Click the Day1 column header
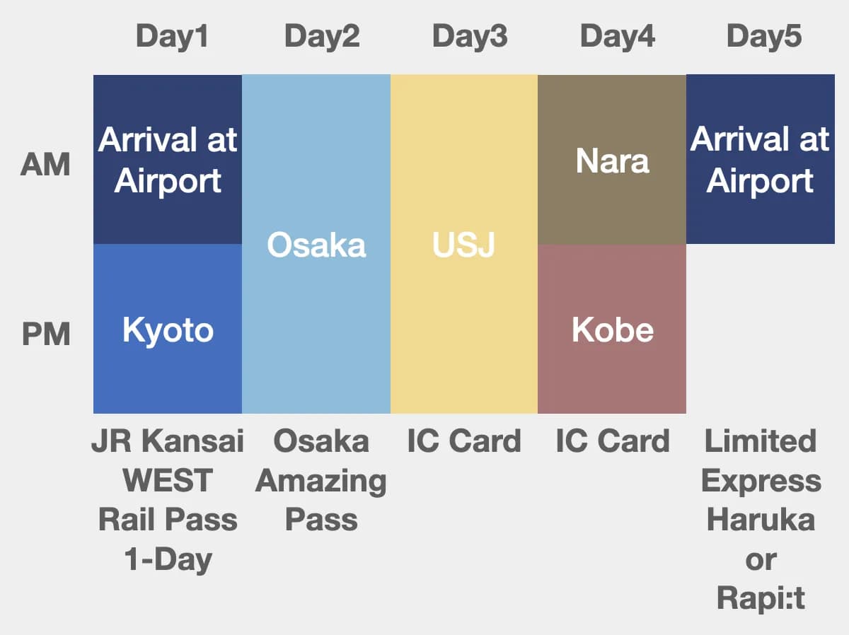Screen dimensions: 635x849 click(172, 36)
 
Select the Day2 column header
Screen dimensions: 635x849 click(322, 36)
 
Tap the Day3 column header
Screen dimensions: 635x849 click(470, 36)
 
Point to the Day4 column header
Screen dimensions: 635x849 click(618, 36)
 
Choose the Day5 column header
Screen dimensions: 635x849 click(764, 36)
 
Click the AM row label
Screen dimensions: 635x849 click(46, 165)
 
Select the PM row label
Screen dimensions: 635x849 click(46, 334)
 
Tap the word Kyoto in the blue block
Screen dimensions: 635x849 click(168, 330)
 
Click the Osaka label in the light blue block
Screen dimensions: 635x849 click(316, 245)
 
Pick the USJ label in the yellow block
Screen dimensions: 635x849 click(463, 245)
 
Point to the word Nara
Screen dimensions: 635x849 click(612, 161)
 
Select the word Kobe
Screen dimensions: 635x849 click(612, 330)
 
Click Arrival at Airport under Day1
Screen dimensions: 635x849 click(168, 161)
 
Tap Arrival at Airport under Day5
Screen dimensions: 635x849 click(760, 161)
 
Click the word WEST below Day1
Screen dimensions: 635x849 click(168, 481)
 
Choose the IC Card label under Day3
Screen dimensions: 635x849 click(464, 441)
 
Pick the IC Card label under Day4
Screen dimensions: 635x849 click(613, 441)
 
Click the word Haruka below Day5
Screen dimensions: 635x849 click(761, 520)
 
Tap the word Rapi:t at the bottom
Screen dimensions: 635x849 click(761, 599)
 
